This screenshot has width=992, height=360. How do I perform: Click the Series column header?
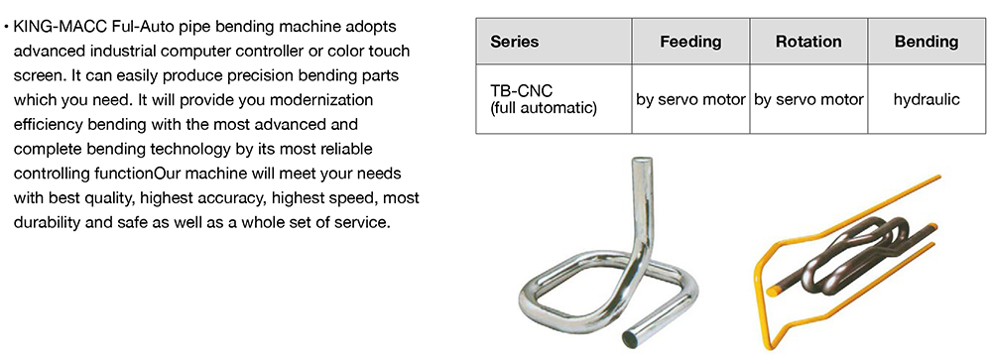(x=514, y=42)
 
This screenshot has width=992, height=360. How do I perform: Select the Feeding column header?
(x=690, y=42)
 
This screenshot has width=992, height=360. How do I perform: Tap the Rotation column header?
(x=808, y=42)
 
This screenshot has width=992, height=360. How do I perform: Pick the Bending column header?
(x=927, y=42)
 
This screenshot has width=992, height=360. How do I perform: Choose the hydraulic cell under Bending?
(x=927, y=99)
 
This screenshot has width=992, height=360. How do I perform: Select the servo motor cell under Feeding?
(x=690, y=99)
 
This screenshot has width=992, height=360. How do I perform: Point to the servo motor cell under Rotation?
(x=808, y=99)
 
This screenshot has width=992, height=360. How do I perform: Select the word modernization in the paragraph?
(x=322, y=100)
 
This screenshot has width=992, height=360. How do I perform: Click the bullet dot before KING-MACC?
(x=6, y=28)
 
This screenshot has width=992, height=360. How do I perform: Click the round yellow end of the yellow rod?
(x=773, y=291)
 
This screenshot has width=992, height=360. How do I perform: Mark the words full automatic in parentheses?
(x=544, y=107)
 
